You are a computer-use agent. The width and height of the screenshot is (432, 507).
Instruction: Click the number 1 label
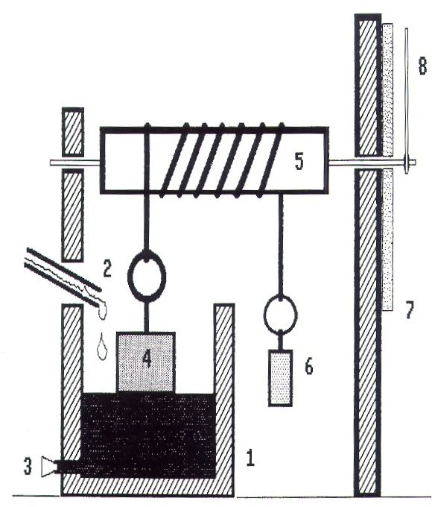click(250, 459)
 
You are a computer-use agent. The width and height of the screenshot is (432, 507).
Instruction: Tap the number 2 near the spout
click(107, 269)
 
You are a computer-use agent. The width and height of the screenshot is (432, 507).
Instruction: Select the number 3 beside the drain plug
click(28, 467)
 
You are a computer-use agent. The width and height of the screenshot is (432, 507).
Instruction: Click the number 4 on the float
click(147, 359)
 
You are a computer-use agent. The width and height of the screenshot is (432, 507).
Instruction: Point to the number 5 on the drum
click(299, 162)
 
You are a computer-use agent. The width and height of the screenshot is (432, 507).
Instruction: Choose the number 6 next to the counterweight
click(309, 367)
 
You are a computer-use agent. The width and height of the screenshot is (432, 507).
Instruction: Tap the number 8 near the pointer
click(422, 66)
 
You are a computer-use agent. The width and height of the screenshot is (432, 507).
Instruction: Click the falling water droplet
click(102, 346)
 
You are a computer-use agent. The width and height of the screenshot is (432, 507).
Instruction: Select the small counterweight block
click(281, 378)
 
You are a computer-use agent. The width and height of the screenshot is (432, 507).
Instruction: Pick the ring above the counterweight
click(281, 297)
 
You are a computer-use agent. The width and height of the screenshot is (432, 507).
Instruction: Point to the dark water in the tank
click(147, 435)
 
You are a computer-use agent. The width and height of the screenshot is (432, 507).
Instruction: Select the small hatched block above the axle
click(73, 131)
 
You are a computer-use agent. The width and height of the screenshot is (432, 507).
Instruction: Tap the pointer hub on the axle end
click(407, 162)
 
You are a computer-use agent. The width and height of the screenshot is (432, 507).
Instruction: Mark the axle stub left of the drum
click(75, 163)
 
